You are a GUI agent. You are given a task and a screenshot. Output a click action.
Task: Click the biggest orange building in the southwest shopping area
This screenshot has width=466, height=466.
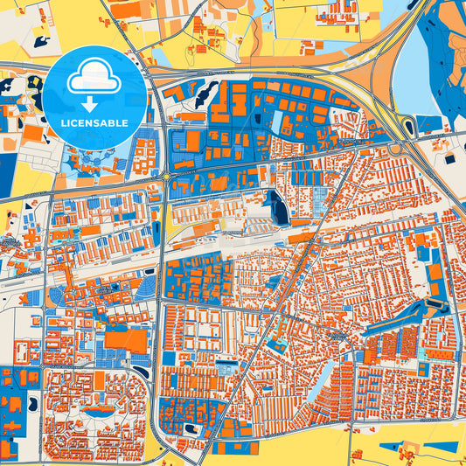(x=127, y=340)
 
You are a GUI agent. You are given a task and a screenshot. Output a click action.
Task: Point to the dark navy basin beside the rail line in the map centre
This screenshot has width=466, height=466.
(x=278, y=208)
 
